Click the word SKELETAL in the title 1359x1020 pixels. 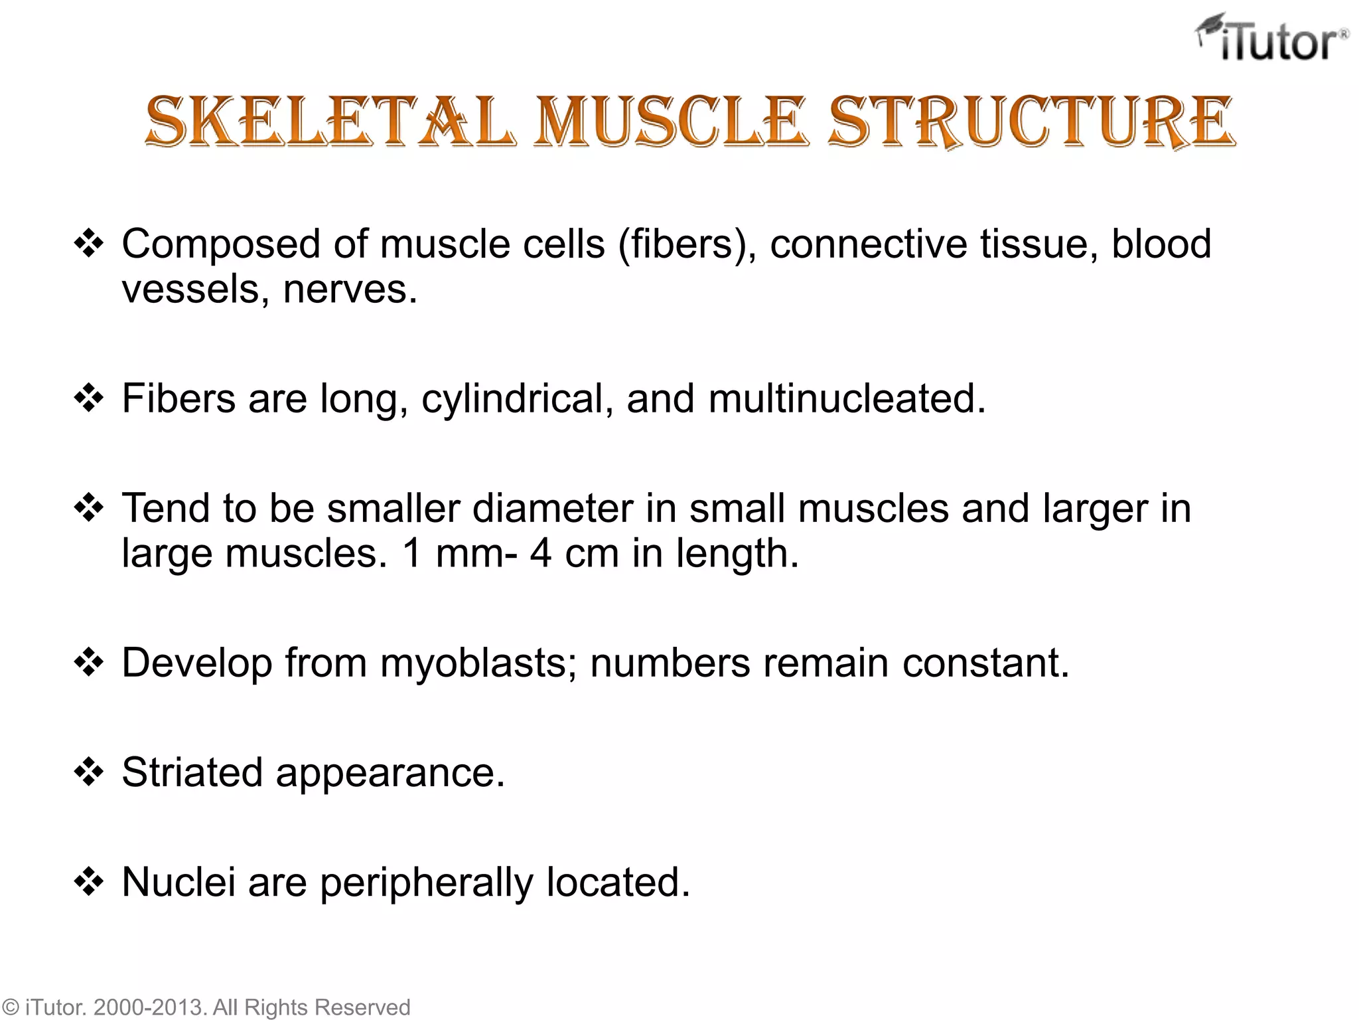330,122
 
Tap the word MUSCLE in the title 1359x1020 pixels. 671,122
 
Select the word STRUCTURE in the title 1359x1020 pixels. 1032,122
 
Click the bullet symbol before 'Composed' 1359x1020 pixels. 89,244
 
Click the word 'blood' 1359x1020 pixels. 1161,244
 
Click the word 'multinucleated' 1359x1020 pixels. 847,399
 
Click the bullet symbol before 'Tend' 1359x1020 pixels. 89,509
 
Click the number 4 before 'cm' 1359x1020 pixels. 541,553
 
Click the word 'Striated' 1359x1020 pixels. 192,773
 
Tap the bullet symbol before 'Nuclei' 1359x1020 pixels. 89,883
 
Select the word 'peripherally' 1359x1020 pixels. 427,883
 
